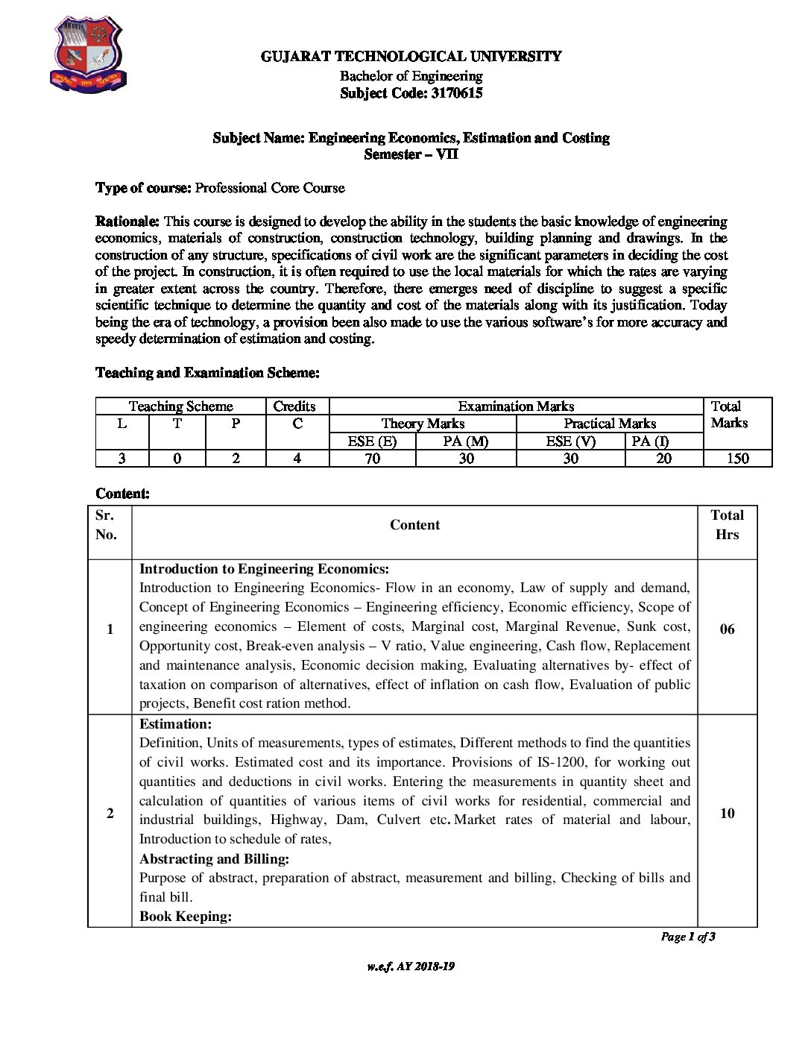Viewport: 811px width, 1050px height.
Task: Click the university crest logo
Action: point(87,57)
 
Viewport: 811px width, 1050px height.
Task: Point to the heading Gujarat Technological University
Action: point(411,57)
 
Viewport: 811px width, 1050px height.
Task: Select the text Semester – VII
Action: point(411,154)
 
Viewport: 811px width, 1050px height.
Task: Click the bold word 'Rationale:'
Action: point(127,221)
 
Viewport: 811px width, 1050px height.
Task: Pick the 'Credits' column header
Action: point(294,406)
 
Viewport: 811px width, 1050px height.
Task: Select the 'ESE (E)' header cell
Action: point(372,441)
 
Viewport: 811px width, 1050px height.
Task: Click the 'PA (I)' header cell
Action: point(650,441)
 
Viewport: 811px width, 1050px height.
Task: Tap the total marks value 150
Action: point(737,459)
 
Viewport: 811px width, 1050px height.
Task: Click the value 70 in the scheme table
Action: point(372,459)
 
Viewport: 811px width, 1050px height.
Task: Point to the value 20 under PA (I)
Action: point(663,459)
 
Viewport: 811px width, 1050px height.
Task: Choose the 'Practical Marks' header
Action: point(610,424)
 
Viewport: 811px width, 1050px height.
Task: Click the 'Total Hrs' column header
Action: point(727,525)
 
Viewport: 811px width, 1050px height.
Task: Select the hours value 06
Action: point(727,629)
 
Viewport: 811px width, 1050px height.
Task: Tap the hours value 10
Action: point(727,814)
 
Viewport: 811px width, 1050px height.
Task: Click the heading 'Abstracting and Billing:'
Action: point(214,858)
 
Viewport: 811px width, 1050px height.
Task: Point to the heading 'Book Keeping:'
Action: point(186,917)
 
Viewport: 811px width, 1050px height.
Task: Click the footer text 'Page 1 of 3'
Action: point(688,937)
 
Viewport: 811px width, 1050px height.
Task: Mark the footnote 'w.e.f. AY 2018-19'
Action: point(411,966)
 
